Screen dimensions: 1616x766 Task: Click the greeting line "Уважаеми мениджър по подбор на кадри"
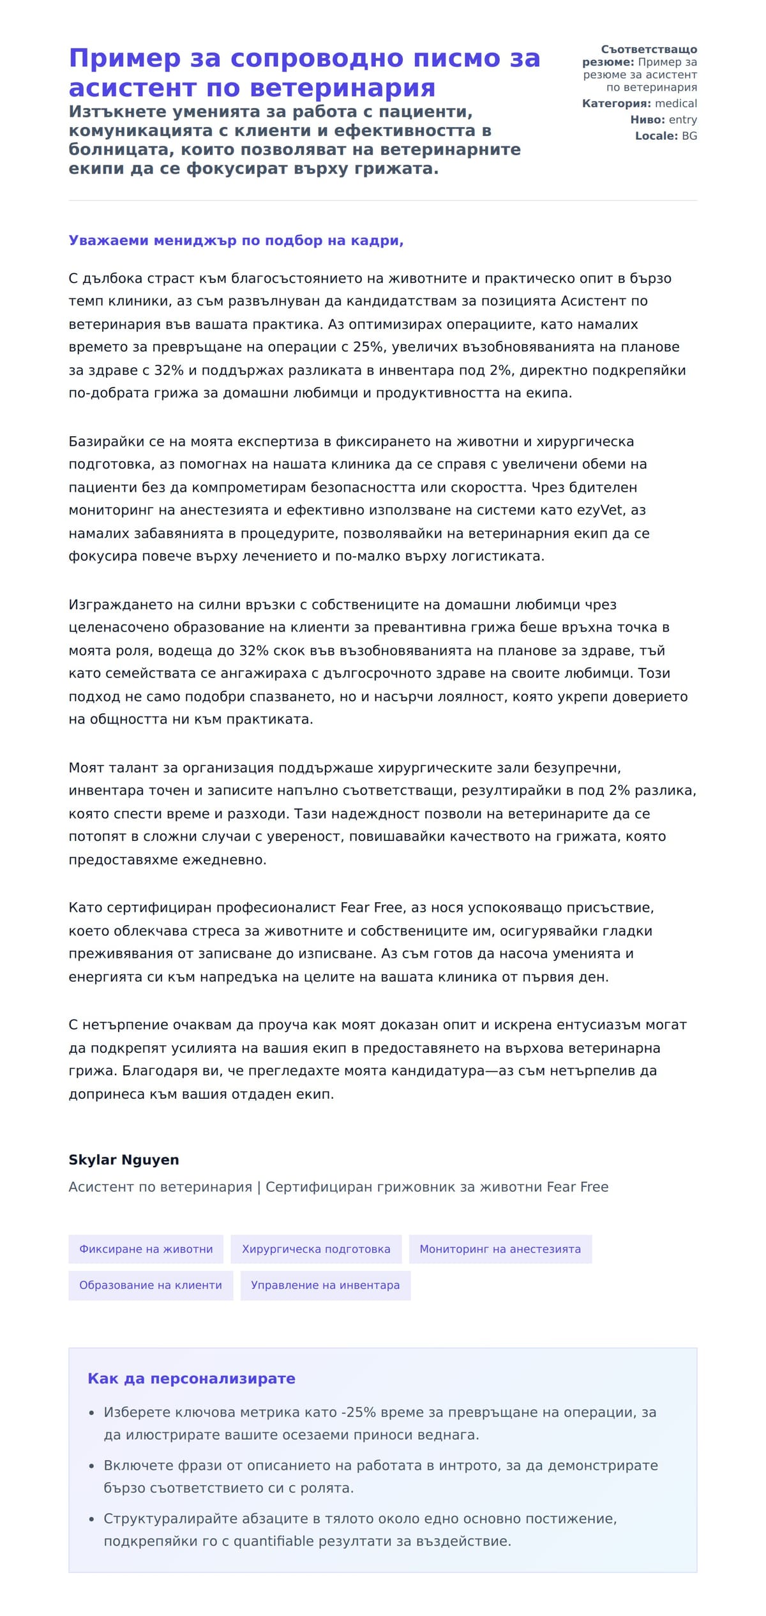(x=236, y=241)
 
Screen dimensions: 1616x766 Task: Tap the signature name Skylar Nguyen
(x=124, y=1159)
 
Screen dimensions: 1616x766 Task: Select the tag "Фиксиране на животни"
(x=146, y=1249)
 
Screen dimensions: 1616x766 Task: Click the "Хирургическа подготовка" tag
(x=316, y=1249)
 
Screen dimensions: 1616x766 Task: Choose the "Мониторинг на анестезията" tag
(x=500, y=1249)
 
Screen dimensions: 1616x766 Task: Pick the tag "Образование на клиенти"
(x=151, y=1285)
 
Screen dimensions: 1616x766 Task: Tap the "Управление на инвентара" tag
(x=325, y=1285)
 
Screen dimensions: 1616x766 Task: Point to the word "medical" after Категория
(x=676, y=103)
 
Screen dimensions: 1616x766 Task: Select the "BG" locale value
(x=689, y=136)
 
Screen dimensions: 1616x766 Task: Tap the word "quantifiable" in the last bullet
(x=273, y=1541)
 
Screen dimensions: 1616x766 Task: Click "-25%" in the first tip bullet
(x=359, y=1412)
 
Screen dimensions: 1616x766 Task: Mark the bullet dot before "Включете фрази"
(x=92, y=1467)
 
